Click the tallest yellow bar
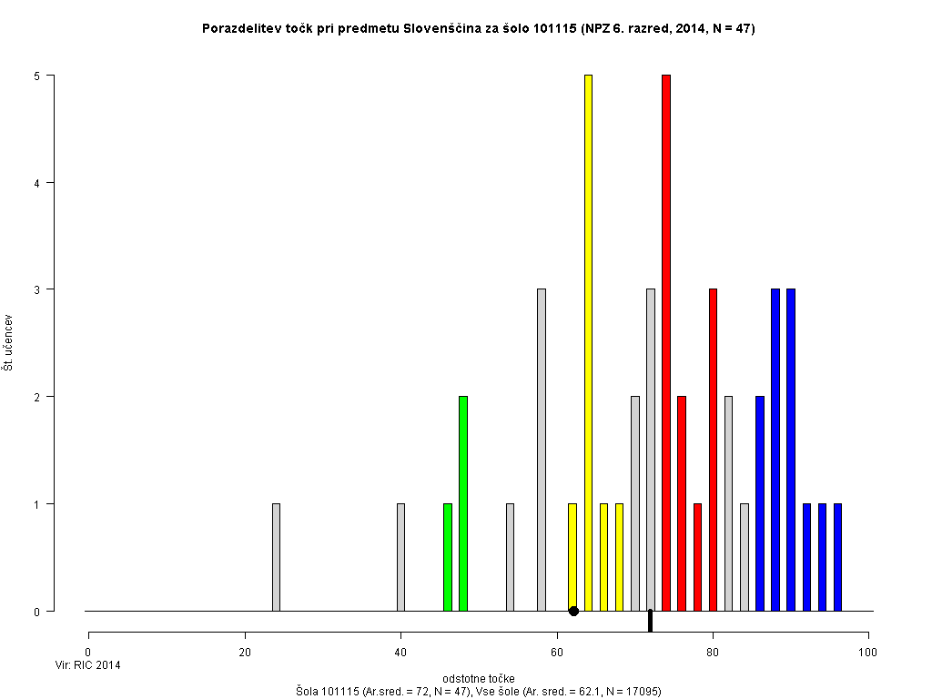pyautogui.click(x=588, y=343)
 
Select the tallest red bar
pyautogui.click(x=666, y=343)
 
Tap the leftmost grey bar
pyautogui.click(x=276, y=557)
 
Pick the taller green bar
pyautogui.click(x=463, y=503)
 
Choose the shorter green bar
pyautogui.click(x=448, y=557)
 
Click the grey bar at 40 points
pyautogui.click(x=400, y=557)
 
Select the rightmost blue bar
pyautogui.click(x=837, y=557)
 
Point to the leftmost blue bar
pyautogui.click(x=760, y=503)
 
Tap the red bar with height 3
pyautogui.click(x=713, y=450)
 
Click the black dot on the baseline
pyautogui.click(x=573, y=611)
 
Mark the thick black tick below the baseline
pyautogui.click(x=650, y=621)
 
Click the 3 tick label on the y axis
pyautogui.click(x=37, y=289)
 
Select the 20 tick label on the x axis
pyautogui.click(x=245, y=652)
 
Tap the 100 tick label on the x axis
pyautogui.click(x=868, y=652)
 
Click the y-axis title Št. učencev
pyautogui.click(x=8, y=343)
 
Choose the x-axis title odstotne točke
pyautogui.click(x=479, y=679)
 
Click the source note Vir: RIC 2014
pyautogui.click(x=88, y=665)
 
